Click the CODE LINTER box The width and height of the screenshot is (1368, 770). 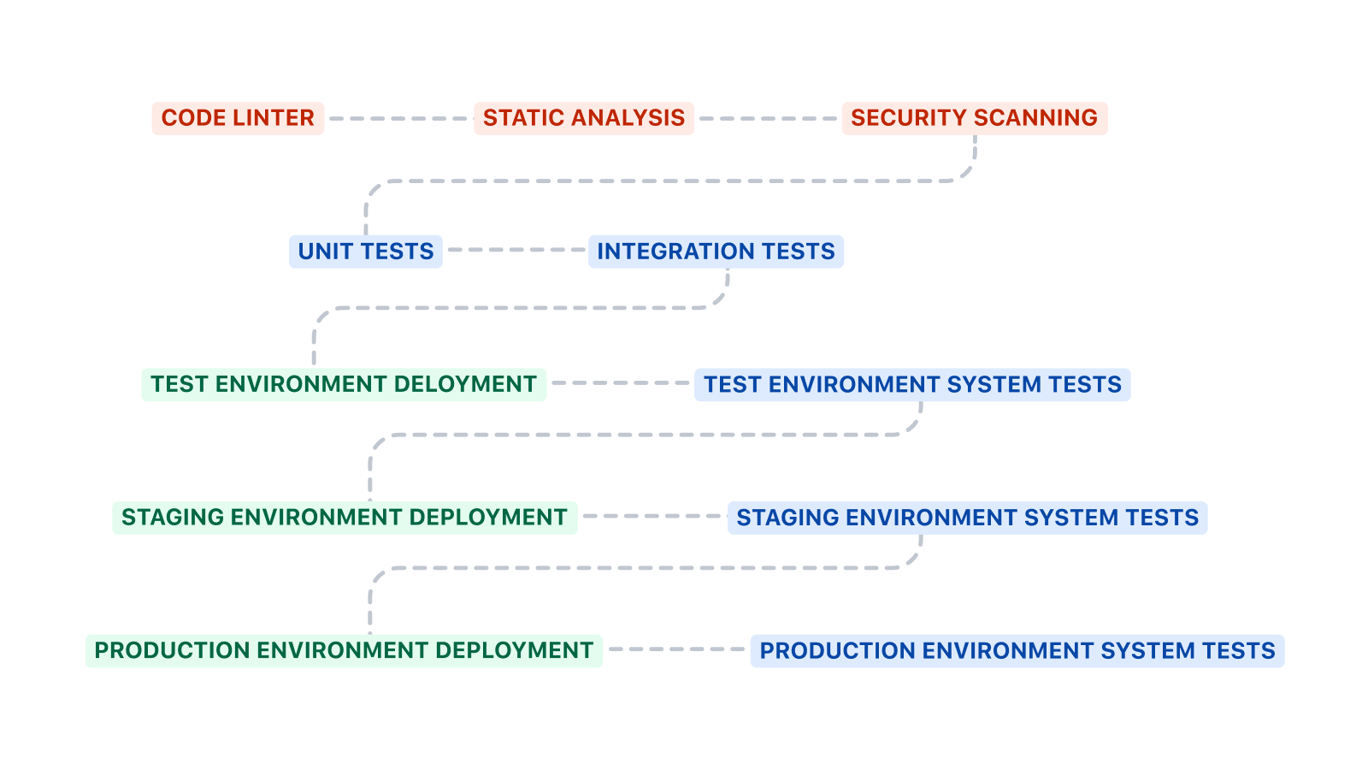coord(238,118)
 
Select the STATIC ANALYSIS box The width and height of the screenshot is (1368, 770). coord(584,118)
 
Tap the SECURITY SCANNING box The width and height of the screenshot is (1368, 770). coord(974,118)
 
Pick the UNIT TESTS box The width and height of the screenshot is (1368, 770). coord(366,252)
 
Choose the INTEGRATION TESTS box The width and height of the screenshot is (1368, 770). coord(716,252)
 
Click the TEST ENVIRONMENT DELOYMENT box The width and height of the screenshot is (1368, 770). coord(344,384)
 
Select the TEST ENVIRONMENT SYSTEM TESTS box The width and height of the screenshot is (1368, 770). coord(912,384)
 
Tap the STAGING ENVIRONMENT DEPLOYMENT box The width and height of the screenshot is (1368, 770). coord(345,518)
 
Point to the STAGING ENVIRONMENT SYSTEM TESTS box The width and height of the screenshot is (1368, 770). coord(967,518)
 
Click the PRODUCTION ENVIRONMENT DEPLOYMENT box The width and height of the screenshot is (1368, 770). coord(344,651)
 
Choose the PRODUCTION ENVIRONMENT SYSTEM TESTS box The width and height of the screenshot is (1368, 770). coord(1017,651)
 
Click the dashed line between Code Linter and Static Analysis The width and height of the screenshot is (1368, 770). coord(398,118)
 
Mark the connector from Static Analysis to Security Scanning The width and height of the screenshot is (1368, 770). coord(767,118)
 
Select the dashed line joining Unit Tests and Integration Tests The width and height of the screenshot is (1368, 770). coord(515,250)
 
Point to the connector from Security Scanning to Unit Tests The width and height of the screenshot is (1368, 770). coord(667,181)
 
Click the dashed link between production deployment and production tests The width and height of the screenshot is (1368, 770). coord(676,649)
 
